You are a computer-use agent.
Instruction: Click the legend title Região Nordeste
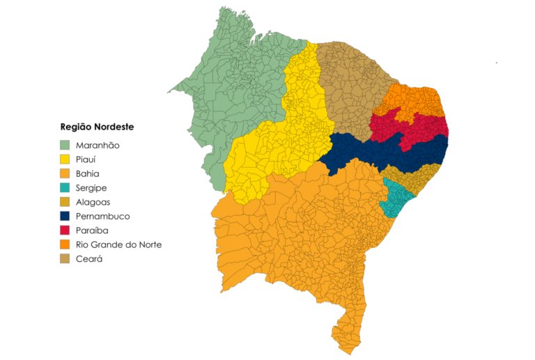[x=97, y=127]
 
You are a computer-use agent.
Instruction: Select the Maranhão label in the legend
[x=98, y=145]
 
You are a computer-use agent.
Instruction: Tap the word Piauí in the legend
[x=86, y=159]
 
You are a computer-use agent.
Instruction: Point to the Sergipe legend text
[x=91, y=188]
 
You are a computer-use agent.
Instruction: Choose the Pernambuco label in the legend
[x=102, y=217]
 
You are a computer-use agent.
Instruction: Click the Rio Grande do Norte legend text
[x=118, y=245]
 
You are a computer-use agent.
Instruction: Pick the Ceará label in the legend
[x=88, y=259]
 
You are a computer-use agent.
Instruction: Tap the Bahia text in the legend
[x=87, y=173]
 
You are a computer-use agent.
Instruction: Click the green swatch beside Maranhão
[x=65, y=145]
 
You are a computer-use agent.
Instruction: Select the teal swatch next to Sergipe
[x=65, y=188]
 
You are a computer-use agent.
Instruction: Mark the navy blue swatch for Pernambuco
[x=65, y=217]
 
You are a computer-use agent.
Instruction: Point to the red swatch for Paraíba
[x=65, y=230]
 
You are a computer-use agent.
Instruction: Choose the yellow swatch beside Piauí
[x=65, y=159]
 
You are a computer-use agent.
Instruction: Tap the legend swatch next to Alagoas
[x=65, y=202]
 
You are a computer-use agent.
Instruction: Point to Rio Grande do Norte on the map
[x=418, y=101]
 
